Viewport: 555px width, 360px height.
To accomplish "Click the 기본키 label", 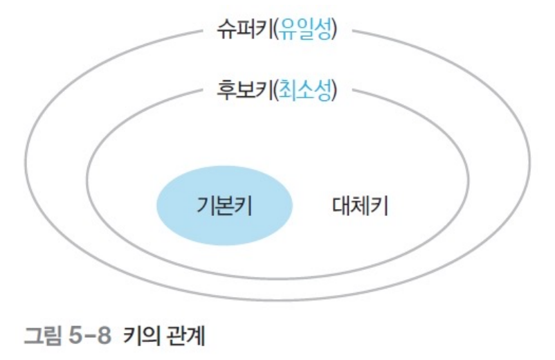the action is pyautogui.click(x=224, y=206).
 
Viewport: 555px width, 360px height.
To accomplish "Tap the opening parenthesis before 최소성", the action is pyautogui.click(x=275, y=90).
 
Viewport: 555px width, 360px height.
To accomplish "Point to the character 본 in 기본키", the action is pyautogui.click(x=224, y=206).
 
